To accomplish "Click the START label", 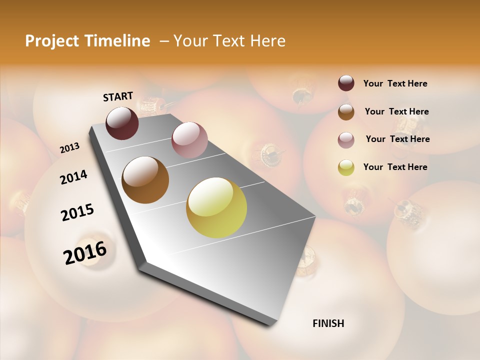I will coord(118,96).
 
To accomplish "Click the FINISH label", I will coord(328,323).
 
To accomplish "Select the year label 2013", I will coord(69,148).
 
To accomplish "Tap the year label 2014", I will coord(73,177).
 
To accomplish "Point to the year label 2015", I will coord(77,212).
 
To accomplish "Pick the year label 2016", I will coord(85,253).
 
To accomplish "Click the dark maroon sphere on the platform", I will coord(122,123).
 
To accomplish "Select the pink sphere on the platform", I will coord(189,140).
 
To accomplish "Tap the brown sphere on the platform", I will coord(145,180).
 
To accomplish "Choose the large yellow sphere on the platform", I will coord(216,207).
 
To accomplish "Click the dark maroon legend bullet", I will coord(346,83).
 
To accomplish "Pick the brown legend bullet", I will coord(346,112).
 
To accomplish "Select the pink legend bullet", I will coord(346,140).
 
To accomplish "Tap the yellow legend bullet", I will coord(346,168).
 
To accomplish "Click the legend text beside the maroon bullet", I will coord(395,84).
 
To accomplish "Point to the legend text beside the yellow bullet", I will coord(395,167).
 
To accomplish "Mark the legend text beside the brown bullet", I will coord(396,111).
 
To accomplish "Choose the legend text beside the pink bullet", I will coord(397,139).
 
